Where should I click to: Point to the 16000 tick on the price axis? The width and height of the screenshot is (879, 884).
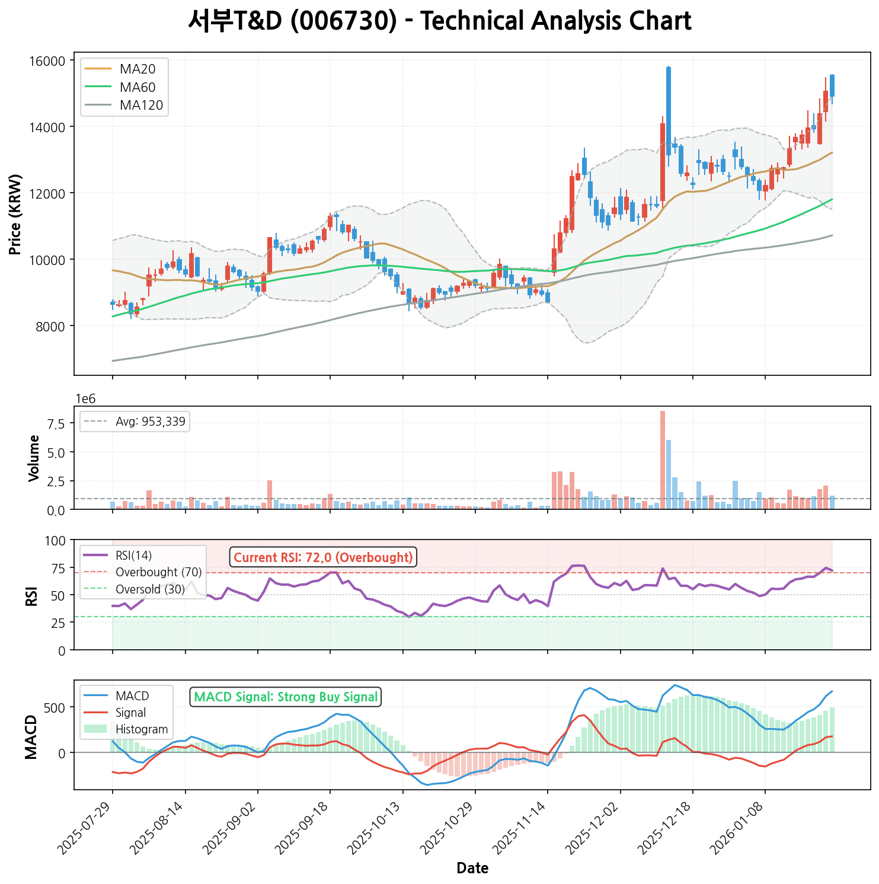point(49,61)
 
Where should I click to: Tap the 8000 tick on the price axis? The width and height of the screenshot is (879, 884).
point(52,326)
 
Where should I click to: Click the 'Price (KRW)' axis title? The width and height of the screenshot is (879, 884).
point(15,215)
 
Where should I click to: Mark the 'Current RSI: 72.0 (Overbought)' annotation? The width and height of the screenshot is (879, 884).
point(323,557)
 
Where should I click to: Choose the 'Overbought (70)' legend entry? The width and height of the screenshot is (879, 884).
point(158,572)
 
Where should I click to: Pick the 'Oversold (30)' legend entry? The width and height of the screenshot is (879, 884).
point(150,589)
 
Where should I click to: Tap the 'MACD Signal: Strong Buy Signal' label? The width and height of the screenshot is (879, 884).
point(286,697)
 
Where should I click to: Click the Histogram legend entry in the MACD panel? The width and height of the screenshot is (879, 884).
point(142,729)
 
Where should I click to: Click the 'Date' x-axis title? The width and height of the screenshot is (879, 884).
point(472,869)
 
